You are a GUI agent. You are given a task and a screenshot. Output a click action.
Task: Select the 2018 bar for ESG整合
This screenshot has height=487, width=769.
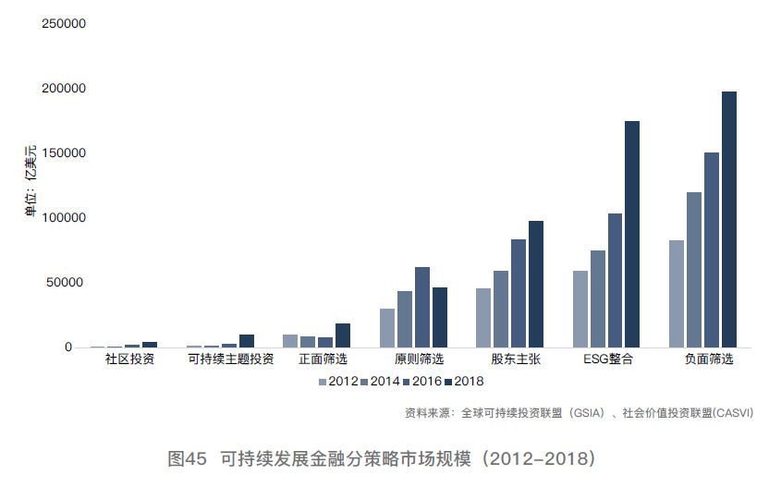click(632, 235)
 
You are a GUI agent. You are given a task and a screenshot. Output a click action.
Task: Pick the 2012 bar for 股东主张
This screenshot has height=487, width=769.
click(483, 318)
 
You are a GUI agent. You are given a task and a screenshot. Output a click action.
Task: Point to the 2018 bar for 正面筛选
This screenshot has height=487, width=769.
click(343, 335)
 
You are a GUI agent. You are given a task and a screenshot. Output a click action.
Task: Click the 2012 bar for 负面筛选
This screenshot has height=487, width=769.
click(677, 294)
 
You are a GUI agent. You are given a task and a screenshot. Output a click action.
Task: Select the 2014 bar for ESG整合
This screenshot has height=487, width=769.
click(598, 299)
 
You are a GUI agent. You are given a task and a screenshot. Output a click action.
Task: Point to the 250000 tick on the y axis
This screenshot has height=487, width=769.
click(64, 24)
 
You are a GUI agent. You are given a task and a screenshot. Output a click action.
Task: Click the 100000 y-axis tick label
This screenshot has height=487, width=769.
click(64, 218)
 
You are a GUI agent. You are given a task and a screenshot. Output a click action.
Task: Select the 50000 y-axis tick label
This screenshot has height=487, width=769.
click(67, 283)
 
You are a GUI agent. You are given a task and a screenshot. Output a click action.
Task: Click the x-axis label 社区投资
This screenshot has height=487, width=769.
click(129, 359)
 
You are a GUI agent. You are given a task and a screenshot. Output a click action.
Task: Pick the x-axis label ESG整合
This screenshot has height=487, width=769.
click(608, 359)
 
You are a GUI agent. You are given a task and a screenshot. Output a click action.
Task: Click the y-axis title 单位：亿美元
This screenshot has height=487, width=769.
click(31, 181)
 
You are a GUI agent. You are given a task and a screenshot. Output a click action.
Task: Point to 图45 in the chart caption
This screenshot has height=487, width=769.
click(187, 458)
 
